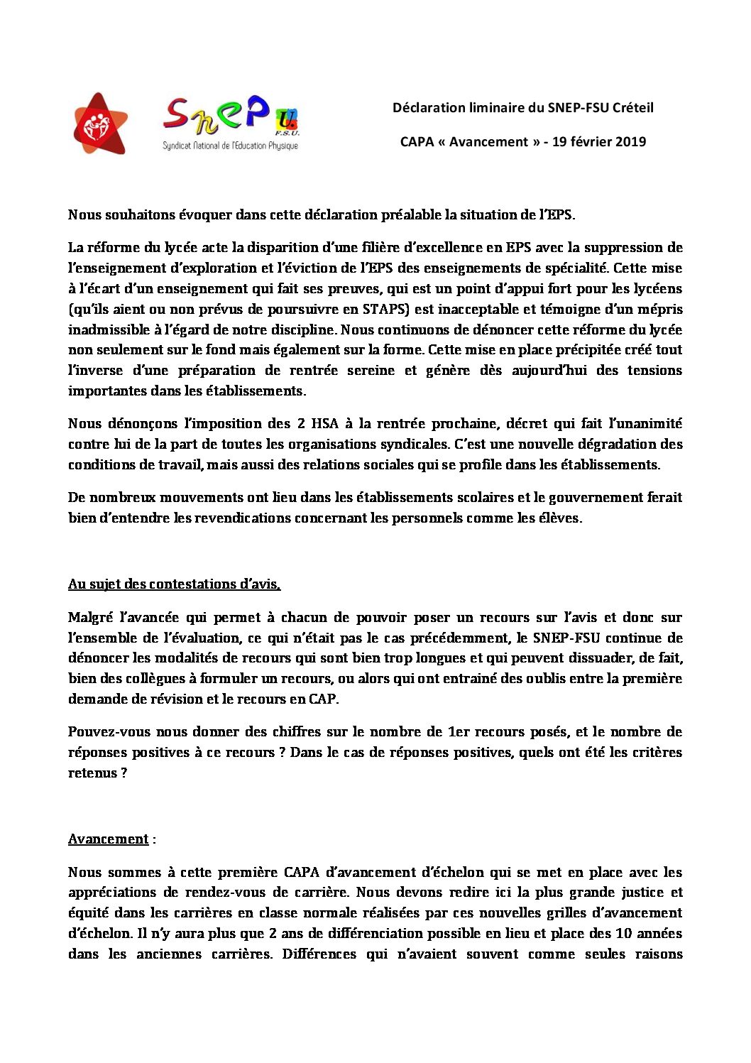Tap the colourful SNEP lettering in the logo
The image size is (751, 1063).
[216, 116]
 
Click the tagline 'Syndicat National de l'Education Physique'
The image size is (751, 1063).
[230, 146]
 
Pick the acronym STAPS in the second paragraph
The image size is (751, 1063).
[383, 309]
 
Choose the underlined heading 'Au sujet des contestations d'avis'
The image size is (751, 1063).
[174, 584]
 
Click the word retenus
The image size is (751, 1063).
[92, 773]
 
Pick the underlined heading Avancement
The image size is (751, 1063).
[108, 839]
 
